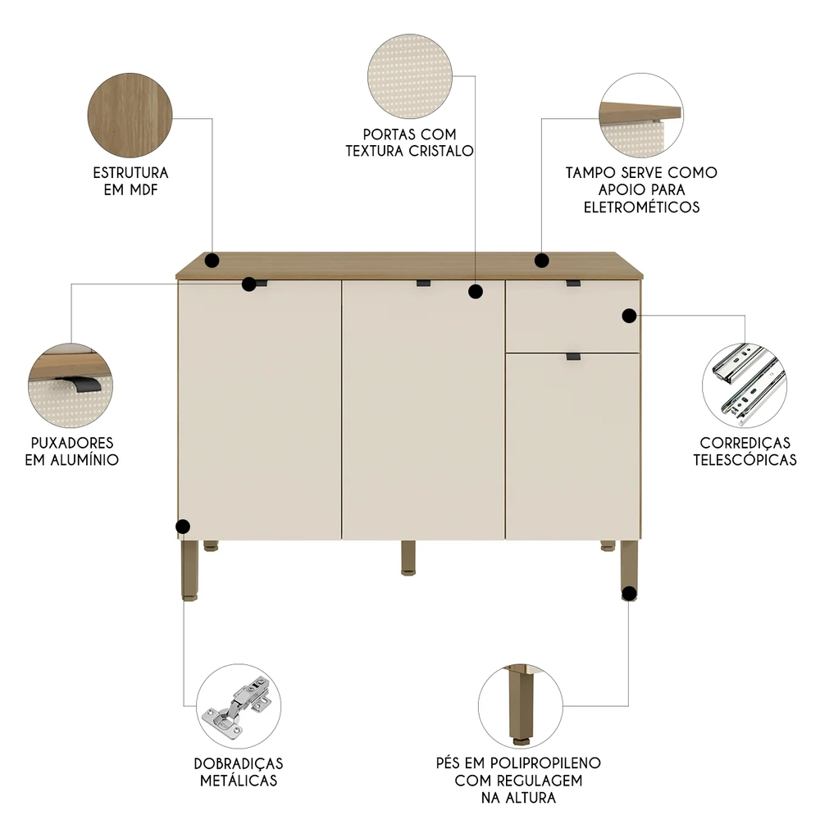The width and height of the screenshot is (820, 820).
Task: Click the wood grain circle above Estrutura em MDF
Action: point(130,114)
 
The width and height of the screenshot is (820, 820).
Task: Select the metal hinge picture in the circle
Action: point(239,706)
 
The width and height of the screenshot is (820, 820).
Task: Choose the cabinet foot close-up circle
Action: point(520,705)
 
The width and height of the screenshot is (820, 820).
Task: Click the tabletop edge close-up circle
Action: point(640,115)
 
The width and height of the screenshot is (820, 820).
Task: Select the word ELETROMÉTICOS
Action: point(641,207)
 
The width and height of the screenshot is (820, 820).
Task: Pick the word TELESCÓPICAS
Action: point(745,459)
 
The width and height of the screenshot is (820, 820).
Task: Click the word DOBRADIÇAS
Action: point(238,763)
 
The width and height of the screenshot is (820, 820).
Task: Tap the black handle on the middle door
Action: point(423,284)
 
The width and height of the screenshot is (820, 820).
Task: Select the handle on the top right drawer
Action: point(572,284)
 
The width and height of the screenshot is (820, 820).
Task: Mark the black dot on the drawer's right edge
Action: point(629,316)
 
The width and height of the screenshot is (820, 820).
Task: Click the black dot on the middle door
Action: point(475,290)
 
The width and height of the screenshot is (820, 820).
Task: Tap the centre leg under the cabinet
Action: point(408,557)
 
